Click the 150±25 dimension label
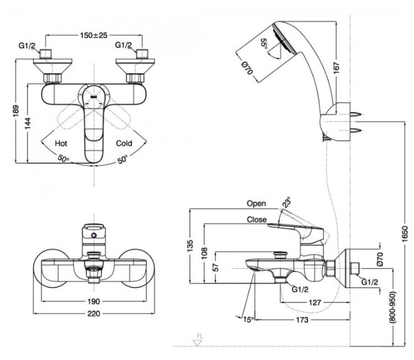pos(94,35)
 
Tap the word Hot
pos(61,144)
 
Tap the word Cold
pos(124,143)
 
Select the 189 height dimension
pos(16,111)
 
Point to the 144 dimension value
pos(27,123)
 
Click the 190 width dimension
pos(94,301)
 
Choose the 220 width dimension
pos(94,314)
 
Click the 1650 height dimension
pos(405,234)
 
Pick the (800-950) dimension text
pos(393,307)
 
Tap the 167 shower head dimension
pos(336,68)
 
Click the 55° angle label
pos(264,44)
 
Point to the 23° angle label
pos(287,202)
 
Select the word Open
pos(256,204)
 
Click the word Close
pos(257,219)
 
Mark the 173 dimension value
pos(302,320)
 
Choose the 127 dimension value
pos(315,302)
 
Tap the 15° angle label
pos(248,319)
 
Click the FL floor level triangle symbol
pos(197,343)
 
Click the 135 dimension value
pos(190,246)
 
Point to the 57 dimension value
pos(216,267)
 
